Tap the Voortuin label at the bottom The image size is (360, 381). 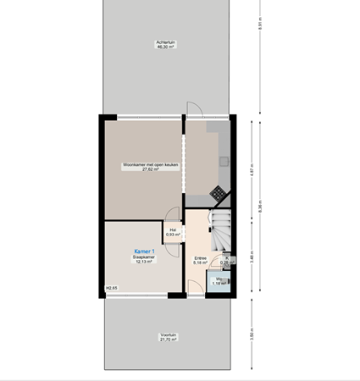click(x=168, y=335)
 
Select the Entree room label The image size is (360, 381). click(x=200, y=257)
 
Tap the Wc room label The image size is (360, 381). click(x=218, y=279)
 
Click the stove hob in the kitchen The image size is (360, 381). click(x=219, y=193)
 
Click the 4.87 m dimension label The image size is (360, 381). click(x=252, y=170)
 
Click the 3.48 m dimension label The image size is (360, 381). click(x=252, y=254)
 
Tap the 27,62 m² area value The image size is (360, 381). click(x=141, y=170)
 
